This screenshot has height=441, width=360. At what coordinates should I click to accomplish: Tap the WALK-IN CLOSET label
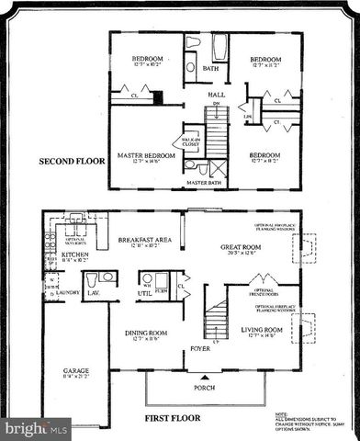click(192, 141)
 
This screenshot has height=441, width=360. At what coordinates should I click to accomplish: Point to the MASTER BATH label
click(204, 183)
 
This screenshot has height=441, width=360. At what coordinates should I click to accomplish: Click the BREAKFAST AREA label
click(145, 240)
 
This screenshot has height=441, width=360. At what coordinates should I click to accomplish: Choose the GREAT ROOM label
click(242, 247)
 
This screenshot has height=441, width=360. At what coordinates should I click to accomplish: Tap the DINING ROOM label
click(145, 334)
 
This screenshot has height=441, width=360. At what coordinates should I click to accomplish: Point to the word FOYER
click(201, 349)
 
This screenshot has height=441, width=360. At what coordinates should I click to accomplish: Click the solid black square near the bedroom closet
click(157, 95)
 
